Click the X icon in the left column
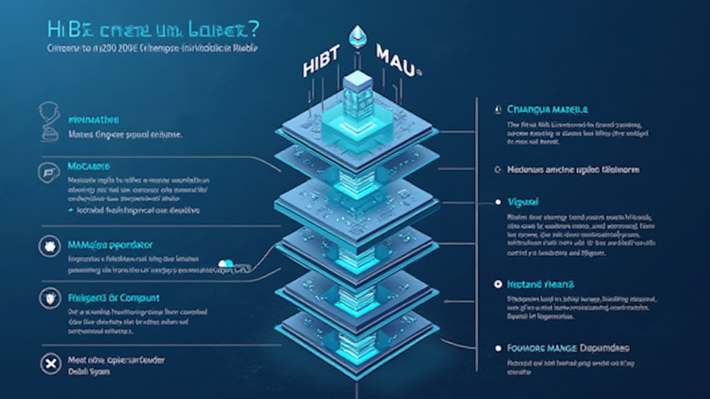(48, 366)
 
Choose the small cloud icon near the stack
(226, 263)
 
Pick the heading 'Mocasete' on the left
(89, 168)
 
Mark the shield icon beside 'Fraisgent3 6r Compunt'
(49, 299)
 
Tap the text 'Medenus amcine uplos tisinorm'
(573, 169)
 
